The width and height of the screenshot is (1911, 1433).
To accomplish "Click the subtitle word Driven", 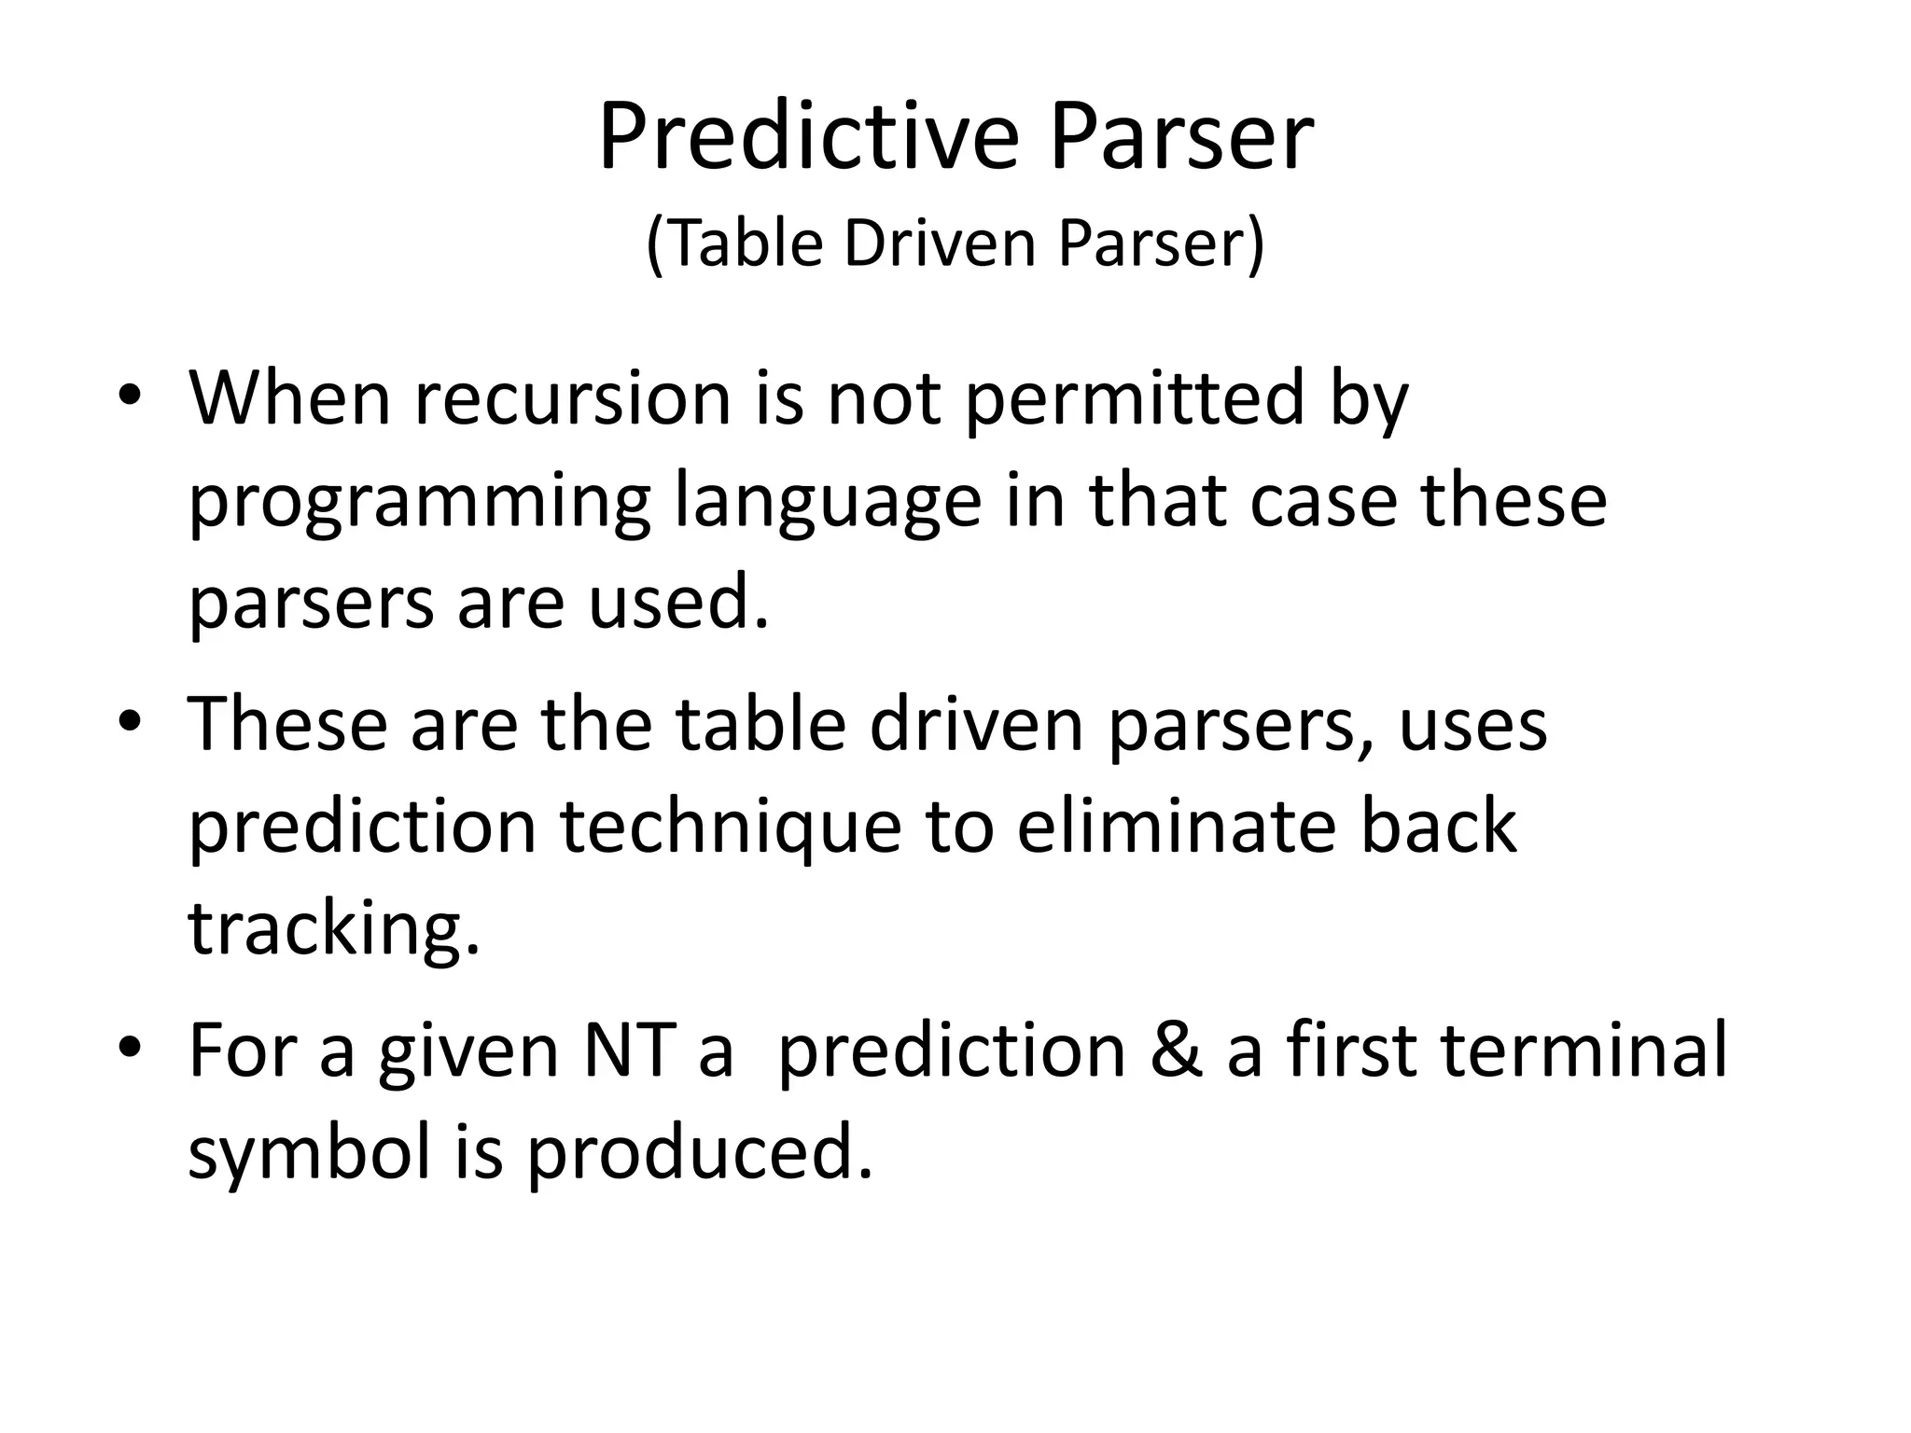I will [942, 244].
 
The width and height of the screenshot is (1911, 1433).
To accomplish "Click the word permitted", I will [1134, 398].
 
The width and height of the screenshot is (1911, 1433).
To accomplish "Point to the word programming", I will [419, 504].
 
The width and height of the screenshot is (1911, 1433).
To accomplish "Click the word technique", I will [731, 828].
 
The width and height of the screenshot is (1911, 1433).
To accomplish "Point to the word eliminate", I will [1177, 828].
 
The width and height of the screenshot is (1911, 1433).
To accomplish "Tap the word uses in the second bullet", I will [1472, 726].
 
